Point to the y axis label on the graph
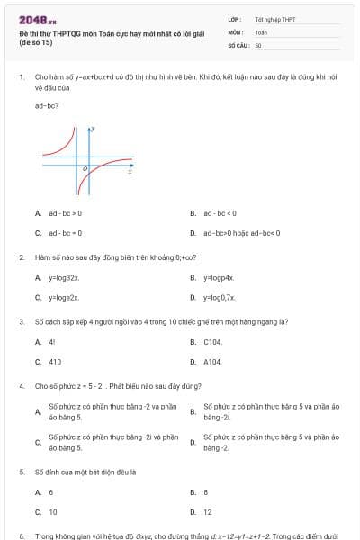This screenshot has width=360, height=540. click(94, 130)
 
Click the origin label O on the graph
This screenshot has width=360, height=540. click(84, 168)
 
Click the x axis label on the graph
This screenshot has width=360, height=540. click(130, 172)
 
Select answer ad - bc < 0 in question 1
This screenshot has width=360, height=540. click(220, 213)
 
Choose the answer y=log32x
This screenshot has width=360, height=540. click(64, 278)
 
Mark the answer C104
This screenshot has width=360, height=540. click(212, 342)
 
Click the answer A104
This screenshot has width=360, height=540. click(212, 362)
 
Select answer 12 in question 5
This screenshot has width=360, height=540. click(208, 512)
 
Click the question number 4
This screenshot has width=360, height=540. click(21, 385)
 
